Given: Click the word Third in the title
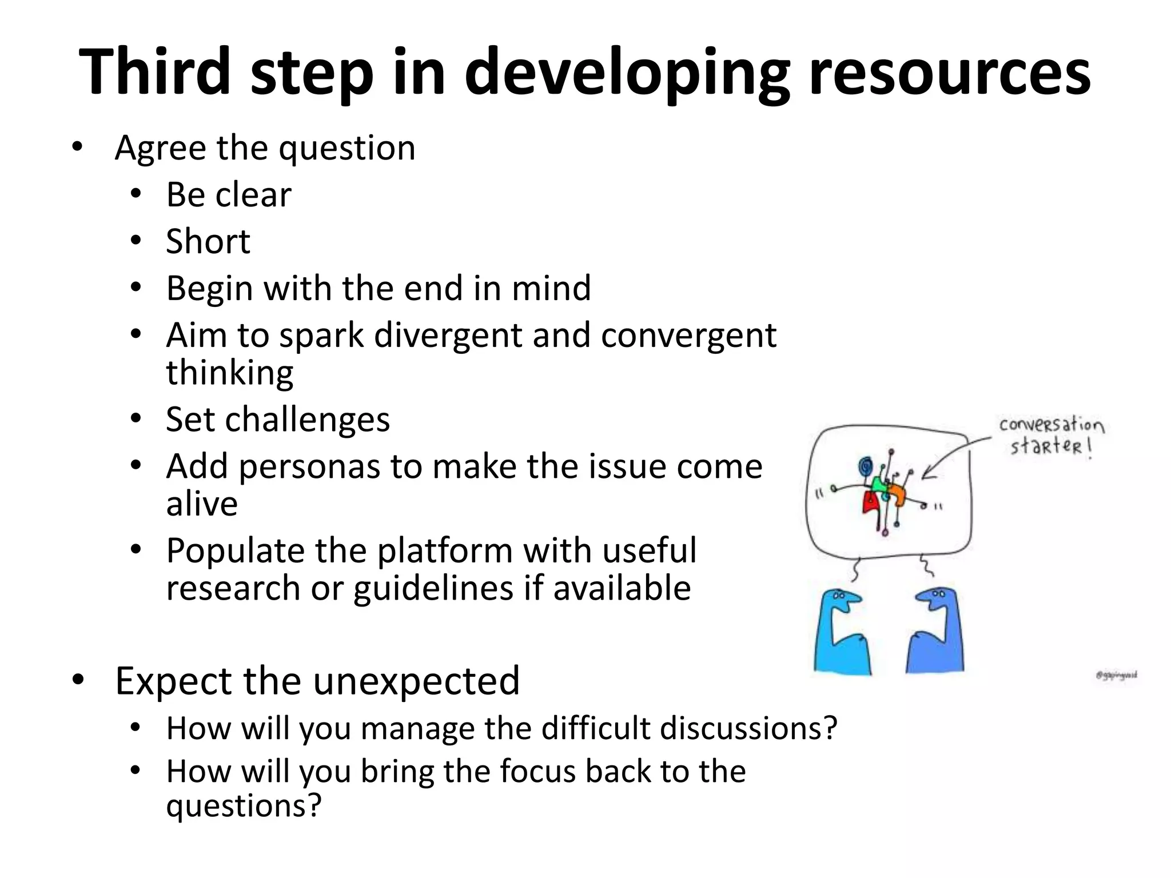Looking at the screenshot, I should click(154, 71).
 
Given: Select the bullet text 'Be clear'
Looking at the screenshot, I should click(229, 195).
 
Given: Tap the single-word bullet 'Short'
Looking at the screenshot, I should click(208, 241).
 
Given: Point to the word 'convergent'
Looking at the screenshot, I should click(688, 336).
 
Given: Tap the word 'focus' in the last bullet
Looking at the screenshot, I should click(537, 772).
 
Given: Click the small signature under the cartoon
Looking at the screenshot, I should click(1117, 675).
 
